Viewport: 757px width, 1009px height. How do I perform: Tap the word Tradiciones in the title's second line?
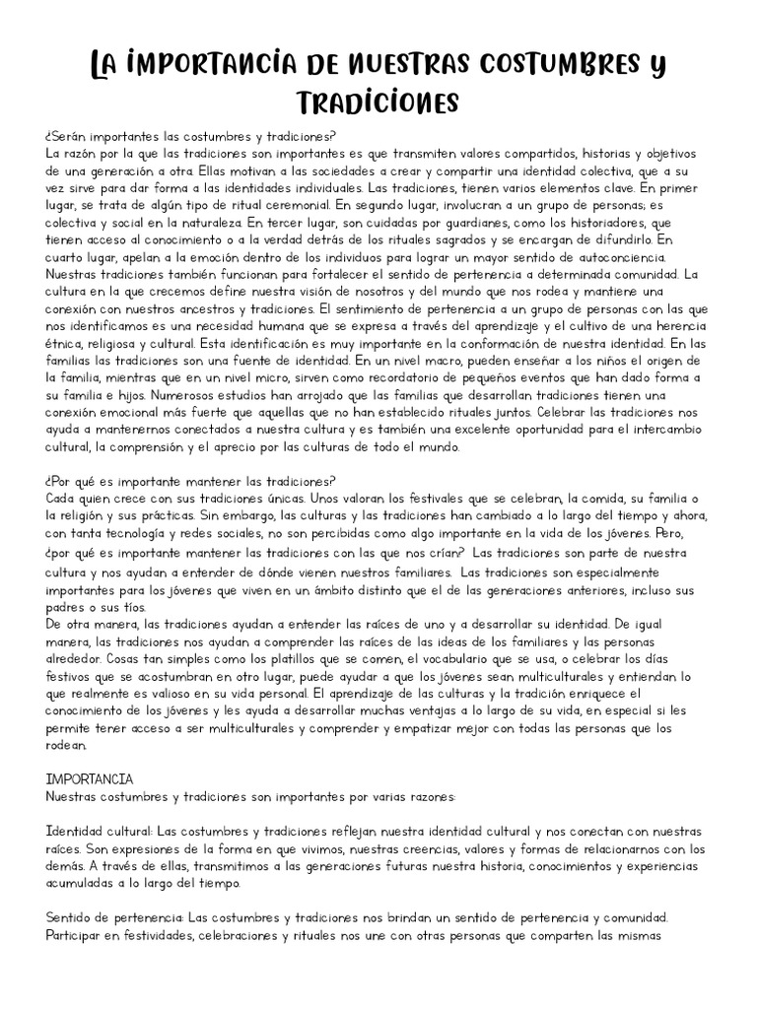click(x=378, y=101)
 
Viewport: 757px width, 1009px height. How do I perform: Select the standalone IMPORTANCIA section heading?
click(x=90, y=778)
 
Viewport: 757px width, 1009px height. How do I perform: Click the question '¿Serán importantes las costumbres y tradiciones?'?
click(x=190, y=136)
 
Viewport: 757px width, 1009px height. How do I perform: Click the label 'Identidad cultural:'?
click(x=100, y=831)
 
